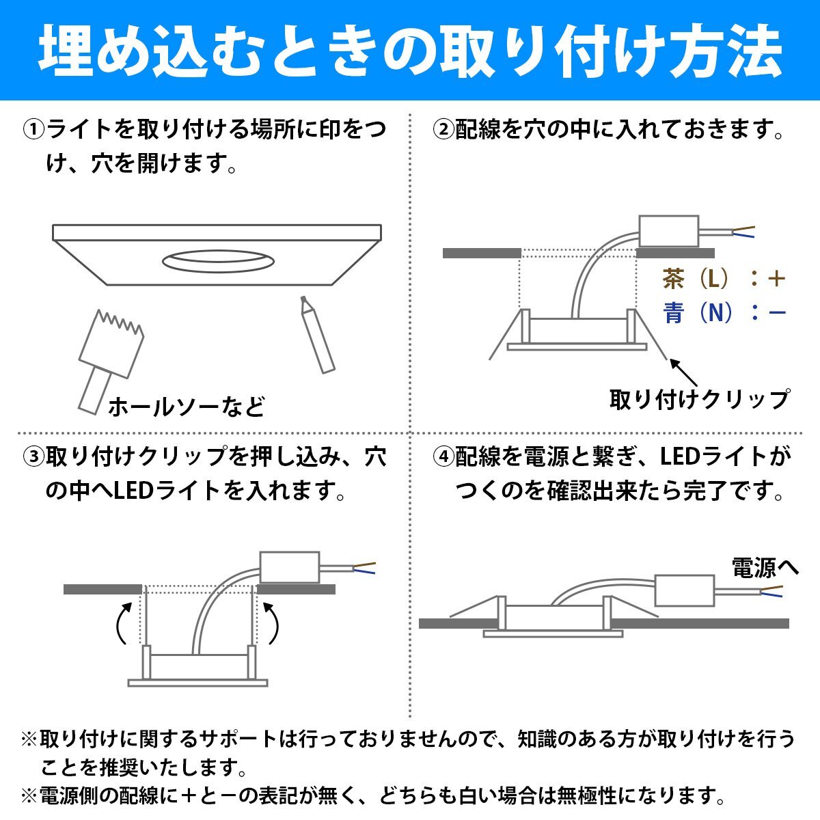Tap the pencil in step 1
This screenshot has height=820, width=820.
[318, 335]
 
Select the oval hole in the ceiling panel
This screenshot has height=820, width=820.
[218, 261]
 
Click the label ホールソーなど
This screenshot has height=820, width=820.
[187, 407]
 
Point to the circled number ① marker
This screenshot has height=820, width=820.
[33, 129]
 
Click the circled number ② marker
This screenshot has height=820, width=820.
[443, 129]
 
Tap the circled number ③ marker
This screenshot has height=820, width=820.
[33, 456]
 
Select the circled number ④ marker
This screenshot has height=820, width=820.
[443, 456]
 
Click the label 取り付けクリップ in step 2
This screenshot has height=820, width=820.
[700, 399]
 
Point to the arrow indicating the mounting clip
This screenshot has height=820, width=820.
[683, 373]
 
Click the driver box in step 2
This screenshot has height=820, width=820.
[668, 231]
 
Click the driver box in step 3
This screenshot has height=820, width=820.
[289, 567]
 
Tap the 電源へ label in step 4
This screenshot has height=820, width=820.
[765, 568]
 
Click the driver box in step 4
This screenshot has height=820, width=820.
[684, 590]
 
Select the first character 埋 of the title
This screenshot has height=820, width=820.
[66, 50]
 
